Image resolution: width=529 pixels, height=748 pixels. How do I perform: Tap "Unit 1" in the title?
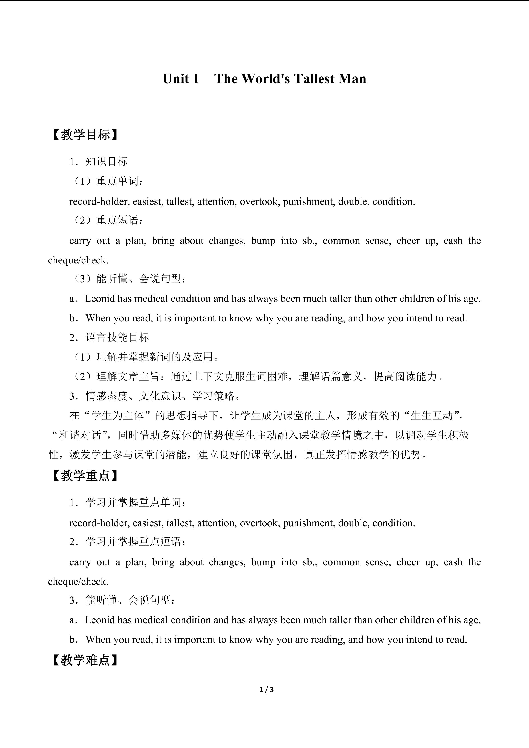click(181, 79)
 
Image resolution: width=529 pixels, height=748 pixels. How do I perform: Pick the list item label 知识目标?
click(107, 162)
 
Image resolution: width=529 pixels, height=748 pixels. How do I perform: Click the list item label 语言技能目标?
click(117, 337)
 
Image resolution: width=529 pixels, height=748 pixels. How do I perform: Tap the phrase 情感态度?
click(107, 396)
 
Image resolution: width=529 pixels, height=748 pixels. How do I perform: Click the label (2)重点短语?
click(108, 221)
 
